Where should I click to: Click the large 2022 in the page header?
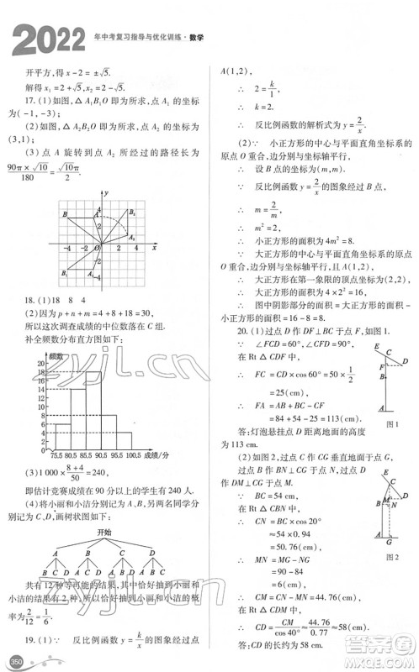pos(47,39)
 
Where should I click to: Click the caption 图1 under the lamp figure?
pos(386,424)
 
